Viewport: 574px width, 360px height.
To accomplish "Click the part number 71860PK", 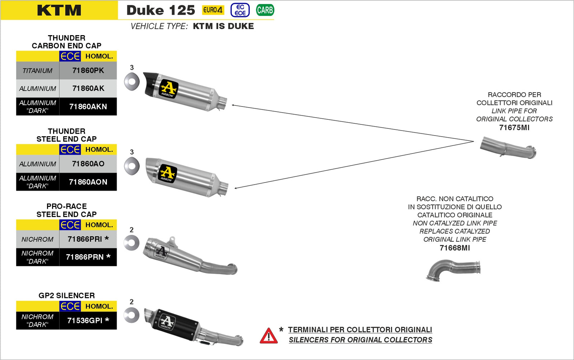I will [88, 71].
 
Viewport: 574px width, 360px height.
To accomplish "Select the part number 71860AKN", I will [88, 106].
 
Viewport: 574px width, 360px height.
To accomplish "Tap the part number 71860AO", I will [88, 164].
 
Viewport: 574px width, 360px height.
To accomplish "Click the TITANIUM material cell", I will [37, 71].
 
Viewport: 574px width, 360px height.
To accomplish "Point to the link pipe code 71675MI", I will [514, 128].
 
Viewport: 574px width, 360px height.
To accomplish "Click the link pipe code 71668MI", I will [455, 248].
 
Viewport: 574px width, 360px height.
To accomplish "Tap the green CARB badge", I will [265, 10].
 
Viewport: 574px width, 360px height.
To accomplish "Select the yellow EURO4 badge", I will [213, 10].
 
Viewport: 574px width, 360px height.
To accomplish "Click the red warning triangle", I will [268, 336].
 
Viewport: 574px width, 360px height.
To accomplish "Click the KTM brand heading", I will [59, 10].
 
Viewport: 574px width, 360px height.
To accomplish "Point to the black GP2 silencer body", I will [176, 323].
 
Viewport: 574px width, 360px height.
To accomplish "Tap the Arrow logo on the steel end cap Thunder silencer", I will [168, 174].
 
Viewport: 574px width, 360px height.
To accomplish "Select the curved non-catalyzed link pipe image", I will [454, 270].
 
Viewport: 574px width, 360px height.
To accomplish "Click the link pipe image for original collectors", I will [508, 147].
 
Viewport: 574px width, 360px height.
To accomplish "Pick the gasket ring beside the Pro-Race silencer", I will [131, 243].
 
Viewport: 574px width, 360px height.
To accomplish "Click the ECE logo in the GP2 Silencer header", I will [70, 306].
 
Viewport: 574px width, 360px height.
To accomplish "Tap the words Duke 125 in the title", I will [161, 10].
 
